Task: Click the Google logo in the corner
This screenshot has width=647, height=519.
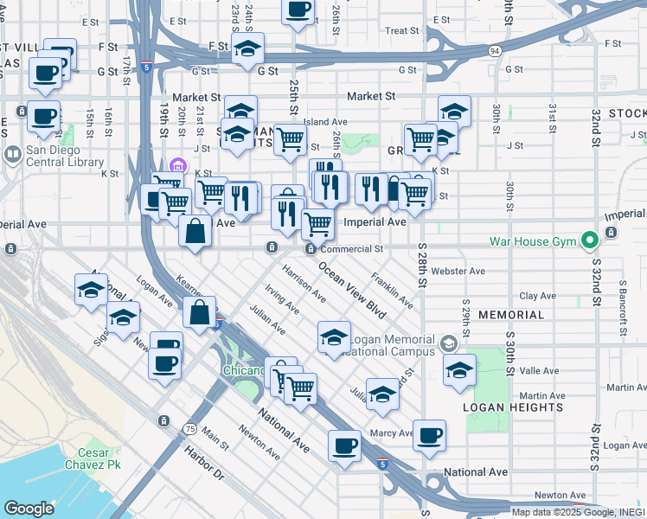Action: [x=29, y=509]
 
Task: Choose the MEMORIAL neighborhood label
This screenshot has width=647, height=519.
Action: [x=510, y=315]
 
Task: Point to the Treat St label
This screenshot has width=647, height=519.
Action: [x=402, y=30]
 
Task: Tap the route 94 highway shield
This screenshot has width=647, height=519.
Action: [x=493, y=51]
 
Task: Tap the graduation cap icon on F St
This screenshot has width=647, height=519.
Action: [x=248, y=49]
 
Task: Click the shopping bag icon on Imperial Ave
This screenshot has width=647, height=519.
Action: [x=195, y=230]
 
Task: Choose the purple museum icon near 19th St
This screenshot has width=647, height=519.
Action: [x=178, y=164]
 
